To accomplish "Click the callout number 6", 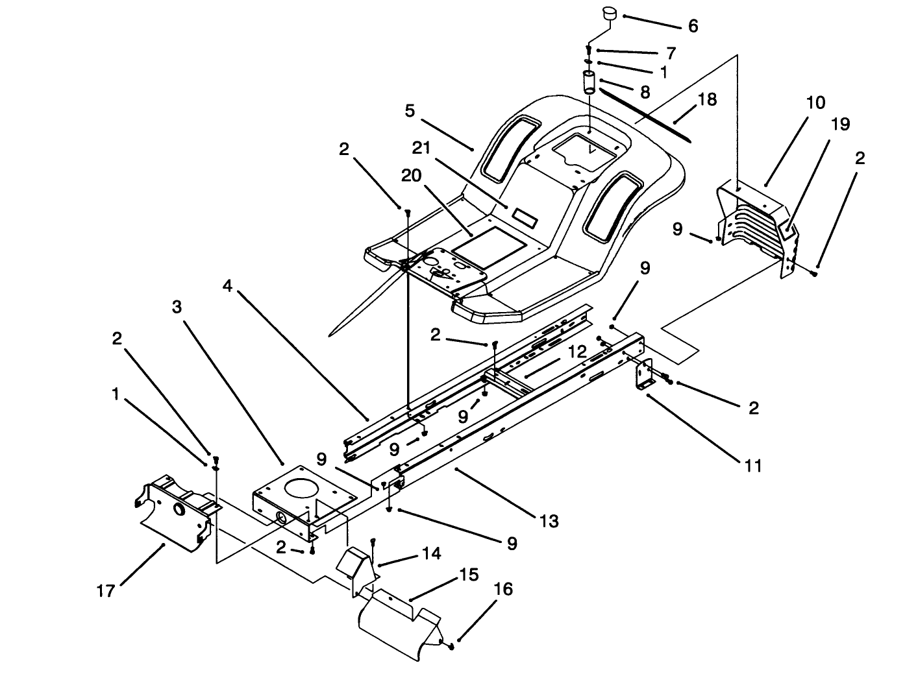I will pyautogui.click(x=693, y=26).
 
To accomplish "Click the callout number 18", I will pyautogui.click(x=707, y=99).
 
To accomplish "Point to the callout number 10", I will pyautogui.click(x=815, y=102).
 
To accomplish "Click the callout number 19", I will pyautogui.click(x=840, y=124).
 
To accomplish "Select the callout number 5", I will pyautogui.click(x=409, y=111).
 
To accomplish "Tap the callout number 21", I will pyautogui.click(x=422, y=148).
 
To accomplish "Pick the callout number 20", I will pyautogui.click(x=411, y=176).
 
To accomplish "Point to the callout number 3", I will pyautogui.click(x=177, y=307).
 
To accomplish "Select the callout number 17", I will pyautogui.click(x=106, y=591).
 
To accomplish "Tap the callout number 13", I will pyautogui.click(x=549, y=521).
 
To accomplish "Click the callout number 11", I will pyautogui.click(x=753, y=465).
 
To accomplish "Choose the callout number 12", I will pyautogui.click(x=577, y=352).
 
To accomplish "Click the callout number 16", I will pyautogui.click(x=503, y=589).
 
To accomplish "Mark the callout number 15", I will pyautogui.click(x=469, y=575).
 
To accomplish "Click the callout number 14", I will pyautogui.click(x=431, y=553).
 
